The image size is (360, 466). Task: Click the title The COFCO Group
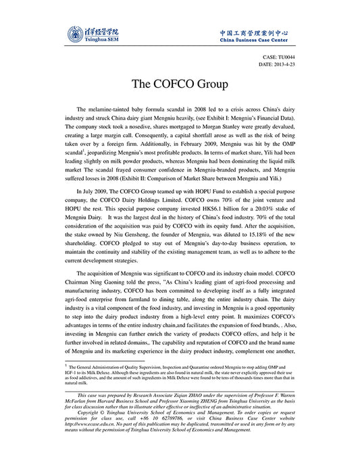(x=180, y=84)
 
